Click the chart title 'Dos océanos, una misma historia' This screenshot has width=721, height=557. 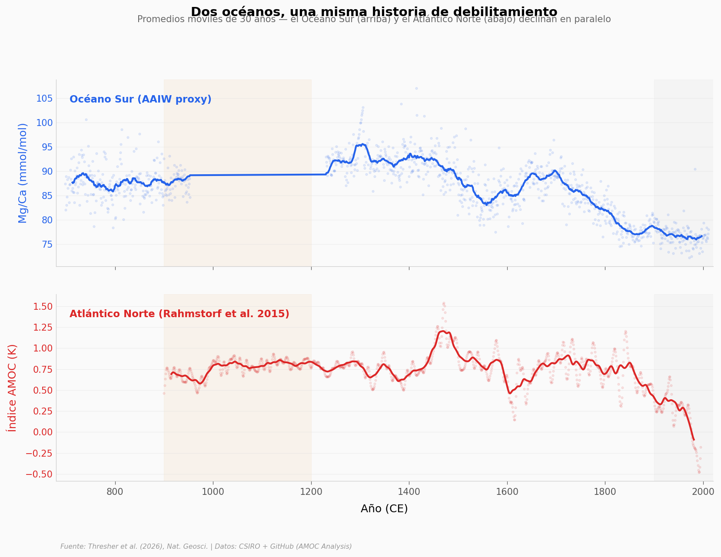click(x=374, y=12)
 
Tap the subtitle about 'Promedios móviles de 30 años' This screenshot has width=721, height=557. click(x=374, y=20)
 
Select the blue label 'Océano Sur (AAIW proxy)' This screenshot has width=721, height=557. click(x=140, y=99)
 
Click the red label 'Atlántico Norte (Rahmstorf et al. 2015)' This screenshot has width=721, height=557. click(x=179, y=314)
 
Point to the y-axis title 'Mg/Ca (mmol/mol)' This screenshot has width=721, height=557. click(x=23, y=173)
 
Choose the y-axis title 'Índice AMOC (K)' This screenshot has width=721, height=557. click(x=12, y=388)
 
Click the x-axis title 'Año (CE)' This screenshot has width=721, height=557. click(x=384, y=509)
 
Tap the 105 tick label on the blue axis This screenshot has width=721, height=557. click(x=44, y=99)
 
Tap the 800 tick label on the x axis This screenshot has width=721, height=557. click(x=115, y=491)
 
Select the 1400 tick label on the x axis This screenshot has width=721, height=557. click(x=409, y=491)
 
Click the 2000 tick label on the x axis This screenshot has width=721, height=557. click(x=703, y=491)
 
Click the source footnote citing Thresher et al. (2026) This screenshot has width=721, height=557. click(x=206, y=547)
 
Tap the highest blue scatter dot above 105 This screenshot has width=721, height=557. click(x=416, y=88)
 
